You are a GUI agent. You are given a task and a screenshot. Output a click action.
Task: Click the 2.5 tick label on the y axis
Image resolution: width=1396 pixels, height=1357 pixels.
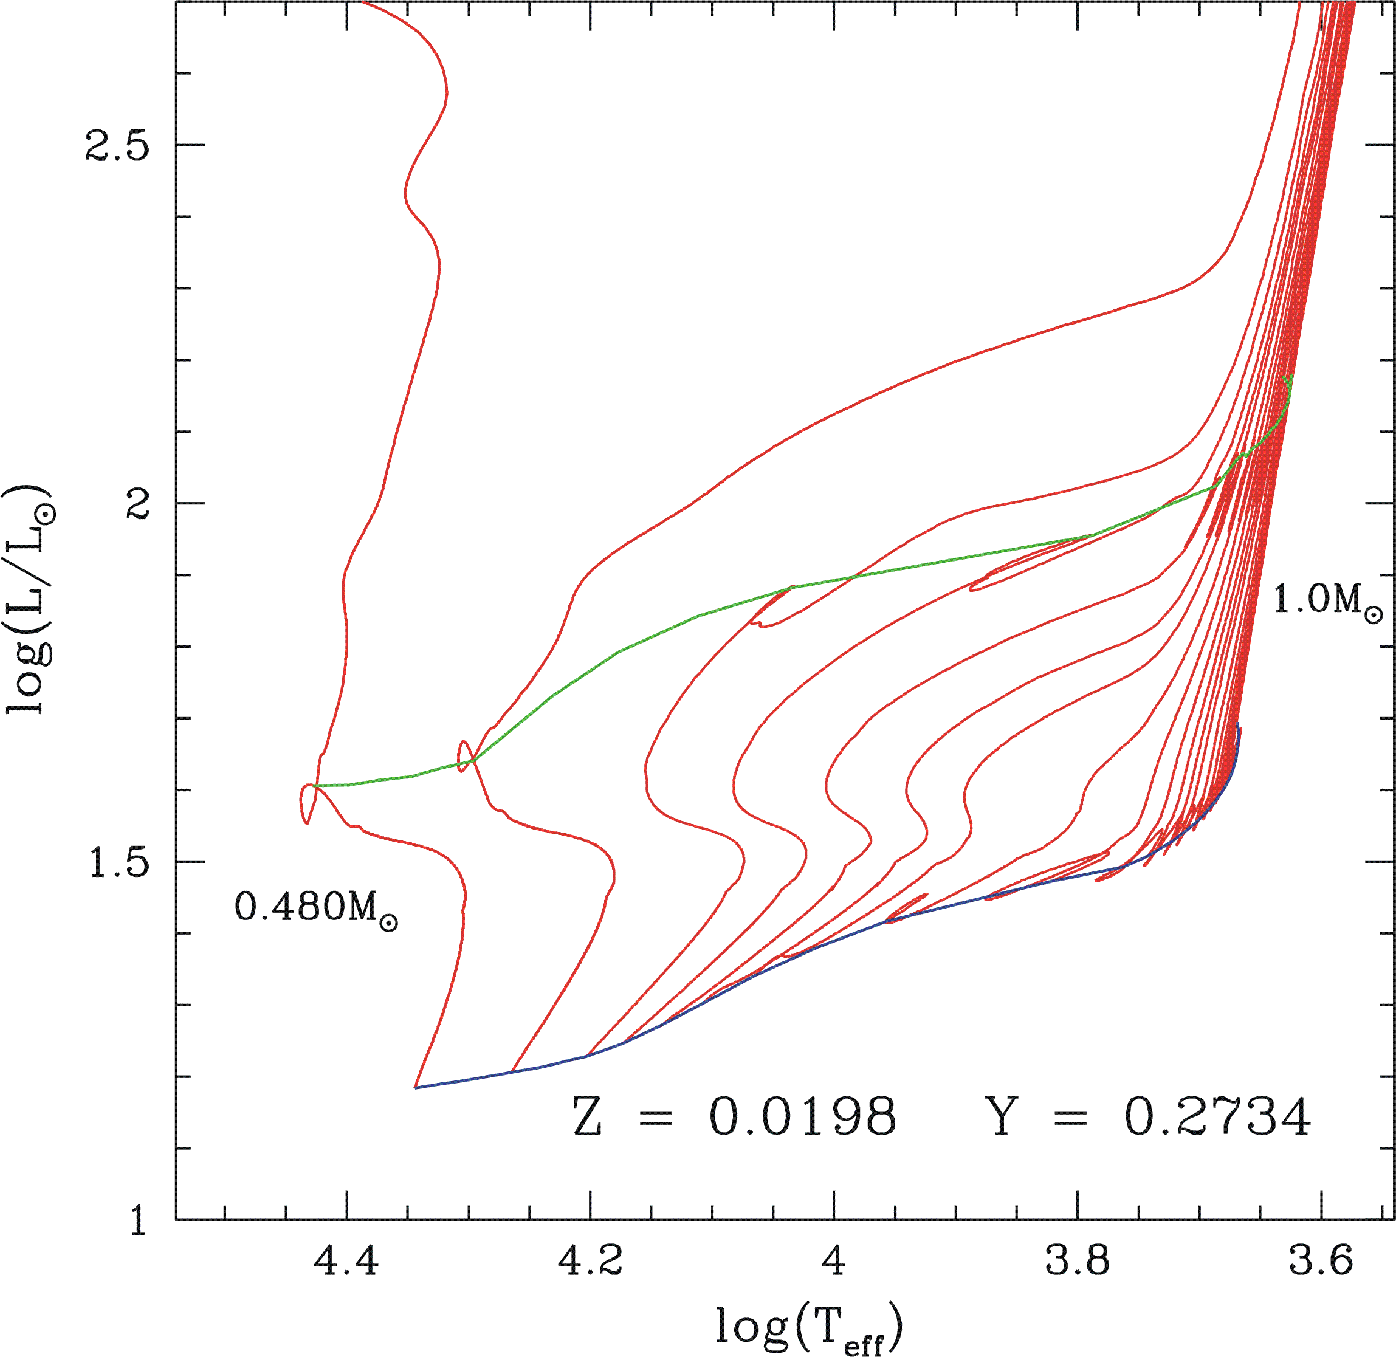(117, 146)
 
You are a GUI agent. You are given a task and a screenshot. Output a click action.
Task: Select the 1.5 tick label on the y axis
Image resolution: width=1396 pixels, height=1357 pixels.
(117, 862)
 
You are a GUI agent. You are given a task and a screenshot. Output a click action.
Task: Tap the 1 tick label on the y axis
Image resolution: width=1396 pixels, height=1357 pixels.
(137, 1220)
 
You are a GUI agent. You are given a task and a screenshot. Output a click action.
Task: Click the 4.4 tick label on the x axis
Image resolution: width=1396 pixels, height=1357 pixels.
(347, 1262)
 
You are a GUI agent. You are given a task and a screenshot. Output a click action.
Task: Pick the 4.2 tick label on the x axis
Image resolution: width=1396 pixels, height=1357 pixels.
(590, 1262)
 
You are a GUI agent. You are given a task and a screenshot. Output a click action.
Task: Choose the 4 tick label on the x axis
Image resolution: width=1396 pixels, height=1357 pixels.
(833, 1262)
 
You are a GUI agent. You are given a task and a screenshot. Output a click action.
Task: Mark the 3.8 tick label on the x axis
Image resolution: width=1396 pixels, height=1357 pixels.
(1078, 1262)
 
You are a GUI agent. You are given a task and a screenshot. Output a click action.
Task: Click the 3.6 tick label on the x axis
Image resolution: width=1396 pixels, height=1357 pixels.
(1321, 1262)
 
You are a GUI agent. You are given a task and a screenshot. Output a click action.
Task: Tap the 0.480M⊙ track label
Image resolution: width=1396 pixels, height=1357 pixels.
(315, 909)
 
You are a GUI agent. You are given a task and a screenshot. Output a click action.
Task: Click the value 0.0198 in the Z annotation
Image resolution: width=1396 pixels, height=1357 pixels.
(802, 1117)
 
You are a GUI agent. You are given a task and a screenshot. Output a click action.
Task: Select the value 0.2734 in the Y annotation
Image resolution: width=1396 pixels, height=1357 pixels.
(1217, 1117)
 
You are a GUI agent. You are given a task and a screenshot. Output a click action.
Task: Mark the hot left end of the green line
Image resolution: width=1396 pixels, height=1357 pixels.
(314, 785)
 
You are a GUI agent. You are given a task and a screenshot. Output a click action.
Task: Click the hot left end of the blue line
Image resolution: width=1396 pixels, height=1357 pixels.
(416, 1088)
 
